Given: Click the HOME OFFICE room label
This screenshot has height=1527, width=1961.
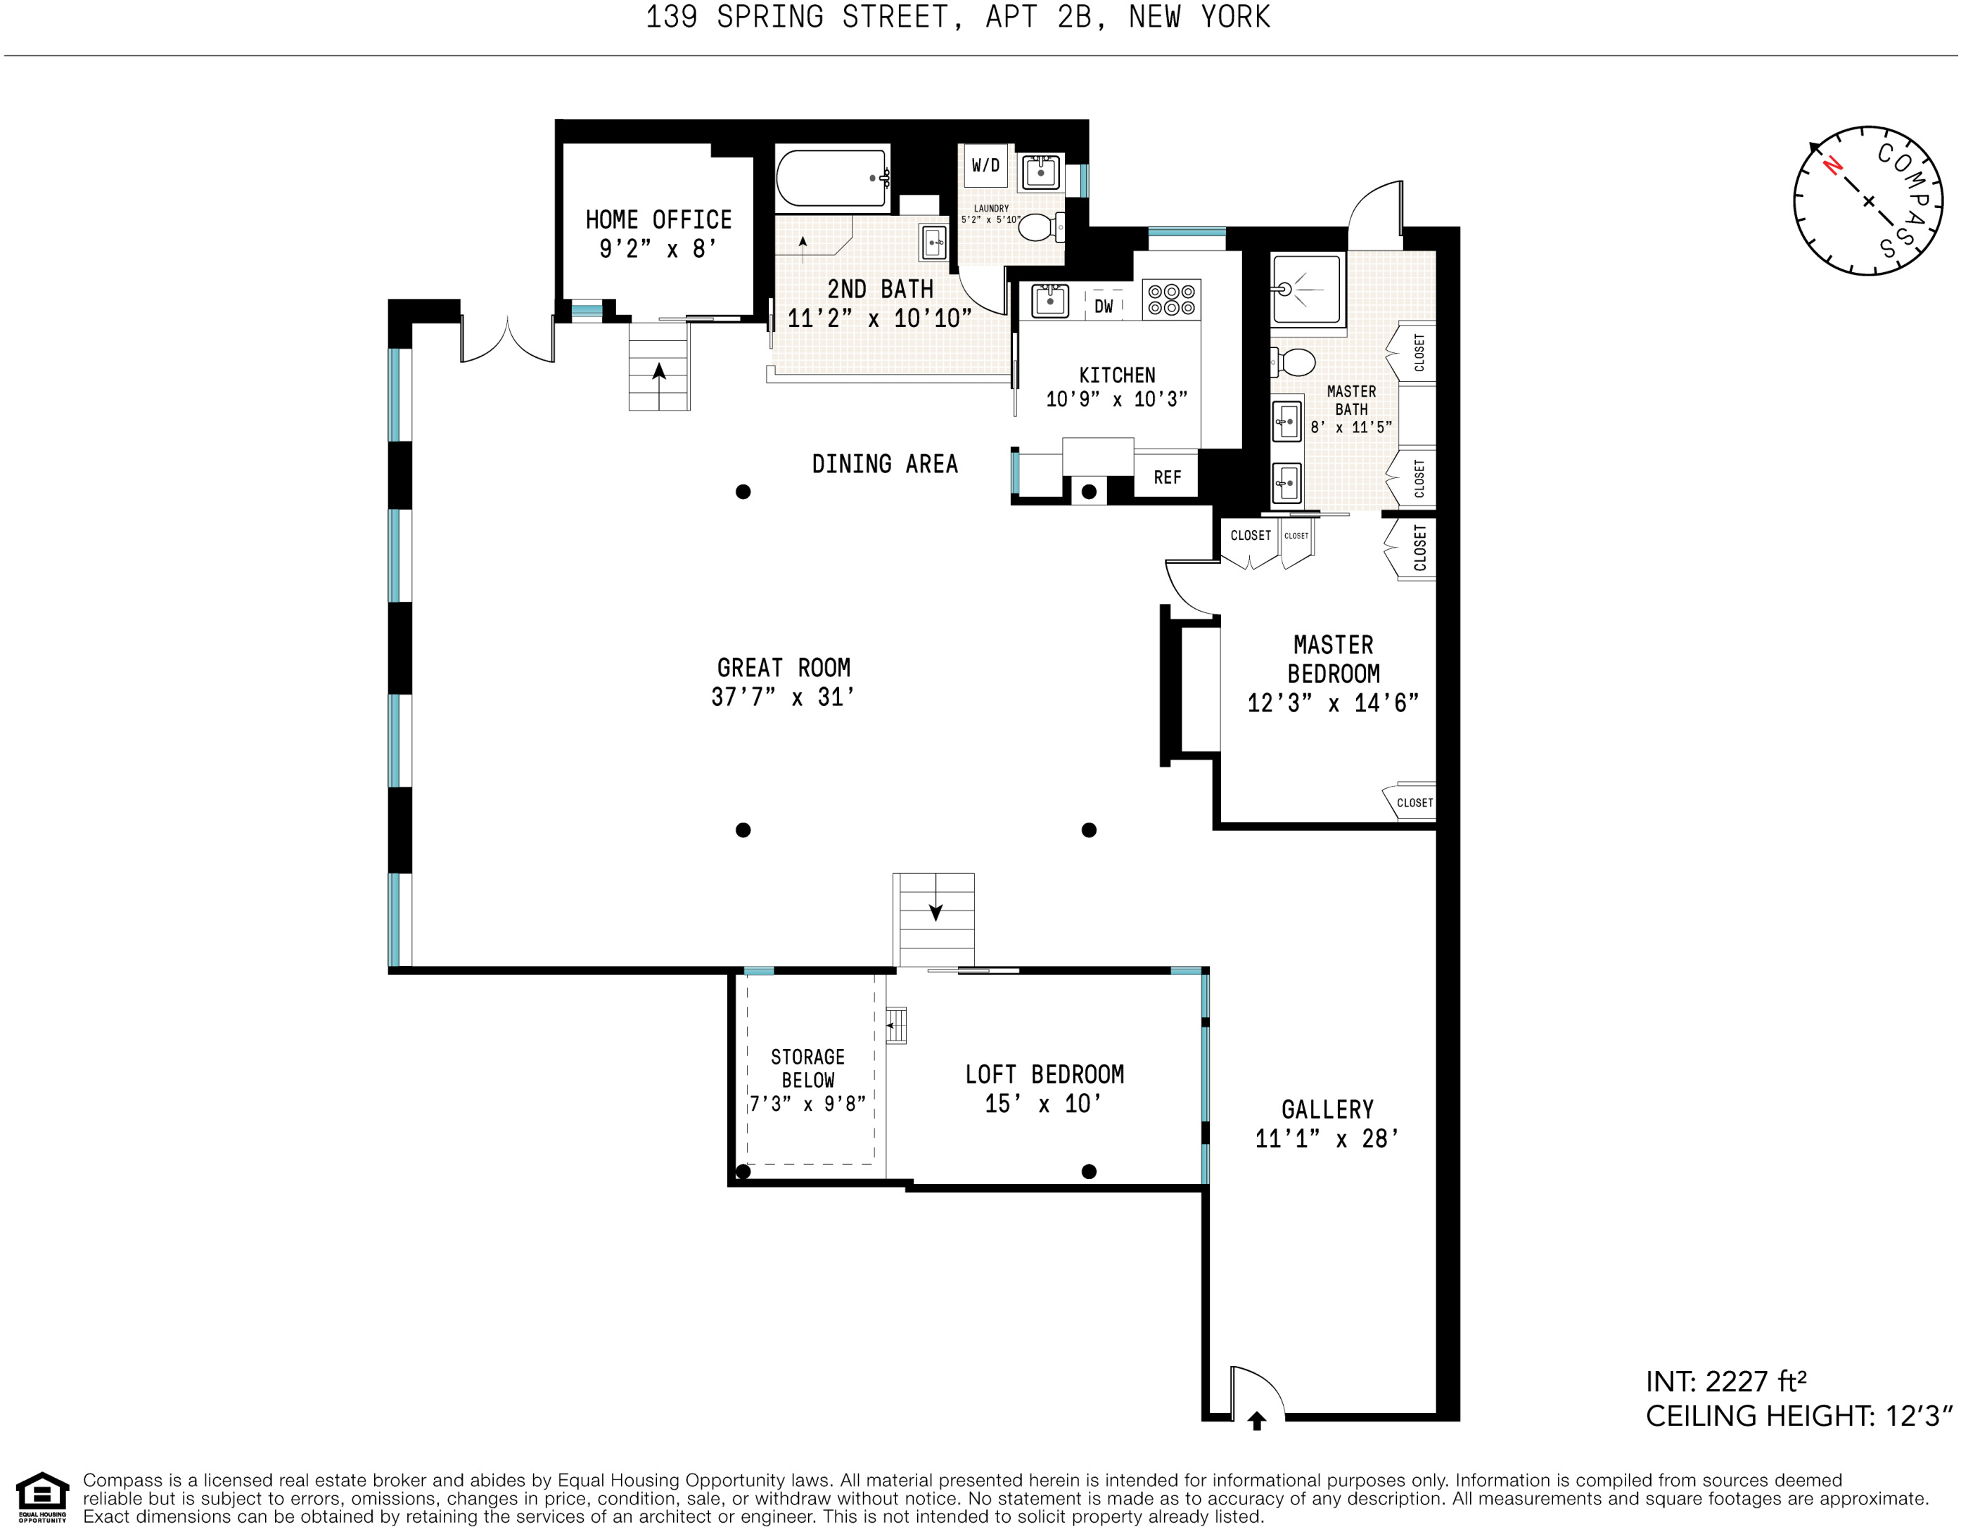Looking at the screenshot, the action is (x=658, y=220).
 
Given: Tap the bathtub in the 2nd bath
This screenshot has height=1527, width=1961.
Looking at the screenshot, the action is (x=832, y=178).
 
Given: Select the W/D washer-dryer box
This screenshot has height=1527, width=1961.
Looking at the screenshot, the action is (x=986, y=165).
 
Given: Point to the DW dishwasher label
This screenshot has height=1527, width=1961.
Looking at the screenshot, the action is (x=1104, y=306).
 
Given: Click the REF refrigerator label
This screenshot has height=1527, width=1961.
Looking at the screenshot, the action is (x=1168, y=477).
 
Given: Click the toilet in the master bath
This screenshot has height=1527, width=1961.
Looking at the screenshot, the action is (x=1293, y=363).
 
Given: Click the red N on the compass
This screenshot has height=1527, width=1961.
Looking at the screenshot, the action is (x=1832, y=166).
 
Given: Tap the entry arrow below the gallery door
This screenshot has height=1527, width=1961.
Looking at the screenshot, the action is (x=1257, y=1421).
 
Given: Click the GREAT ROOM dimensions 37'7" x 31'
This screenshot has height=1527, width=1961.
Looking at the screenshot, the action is (x=782, y=697).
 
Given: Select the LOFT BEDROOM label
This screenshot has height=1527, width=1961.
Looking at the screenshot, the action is (x=1045, y=1074).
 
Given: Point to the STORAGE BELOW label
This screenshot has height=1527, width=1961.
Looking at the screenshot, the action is (x=808, y=1069).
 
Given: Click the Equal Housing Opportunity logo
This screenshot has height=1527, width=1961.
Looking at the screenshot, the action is (x=42, y=1497).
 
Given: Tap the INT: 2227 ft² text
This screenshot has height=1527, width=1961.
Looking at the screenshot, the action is (x=1726, y=1381).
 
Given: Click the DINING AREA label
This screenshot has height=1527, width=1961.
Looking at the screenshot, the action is (x=884, y=464).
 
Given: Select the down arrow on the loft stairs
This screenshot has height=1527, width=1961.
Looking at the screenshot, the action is (x=935, y=910).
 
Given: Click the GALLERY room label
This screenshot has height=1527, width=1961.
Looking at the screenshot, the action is (x=1327, y=1109).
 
